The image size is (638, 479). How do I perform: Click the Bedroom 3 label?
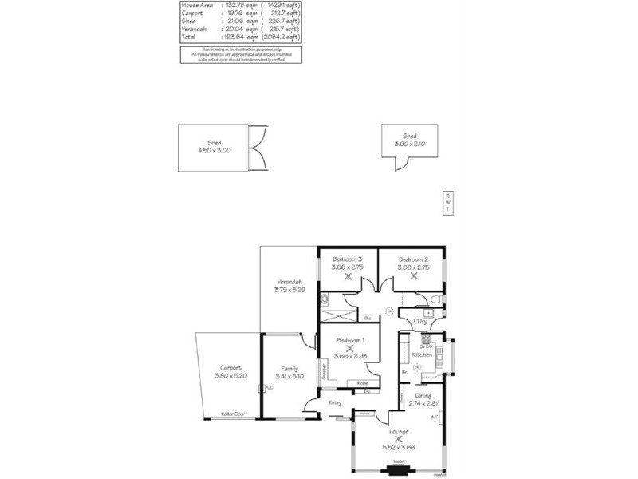pos(348,259)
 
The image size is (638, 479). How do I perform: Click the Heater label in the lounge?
pos(398,461)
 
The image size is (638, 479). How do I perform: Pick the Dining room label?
pos(423,396)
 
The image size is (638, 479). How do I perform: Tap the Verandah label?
pos(289,283)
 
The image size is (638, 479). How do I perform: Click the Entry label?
pos(335,402)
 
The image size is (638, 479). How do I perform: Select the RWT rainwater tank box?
pos(447,203)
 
